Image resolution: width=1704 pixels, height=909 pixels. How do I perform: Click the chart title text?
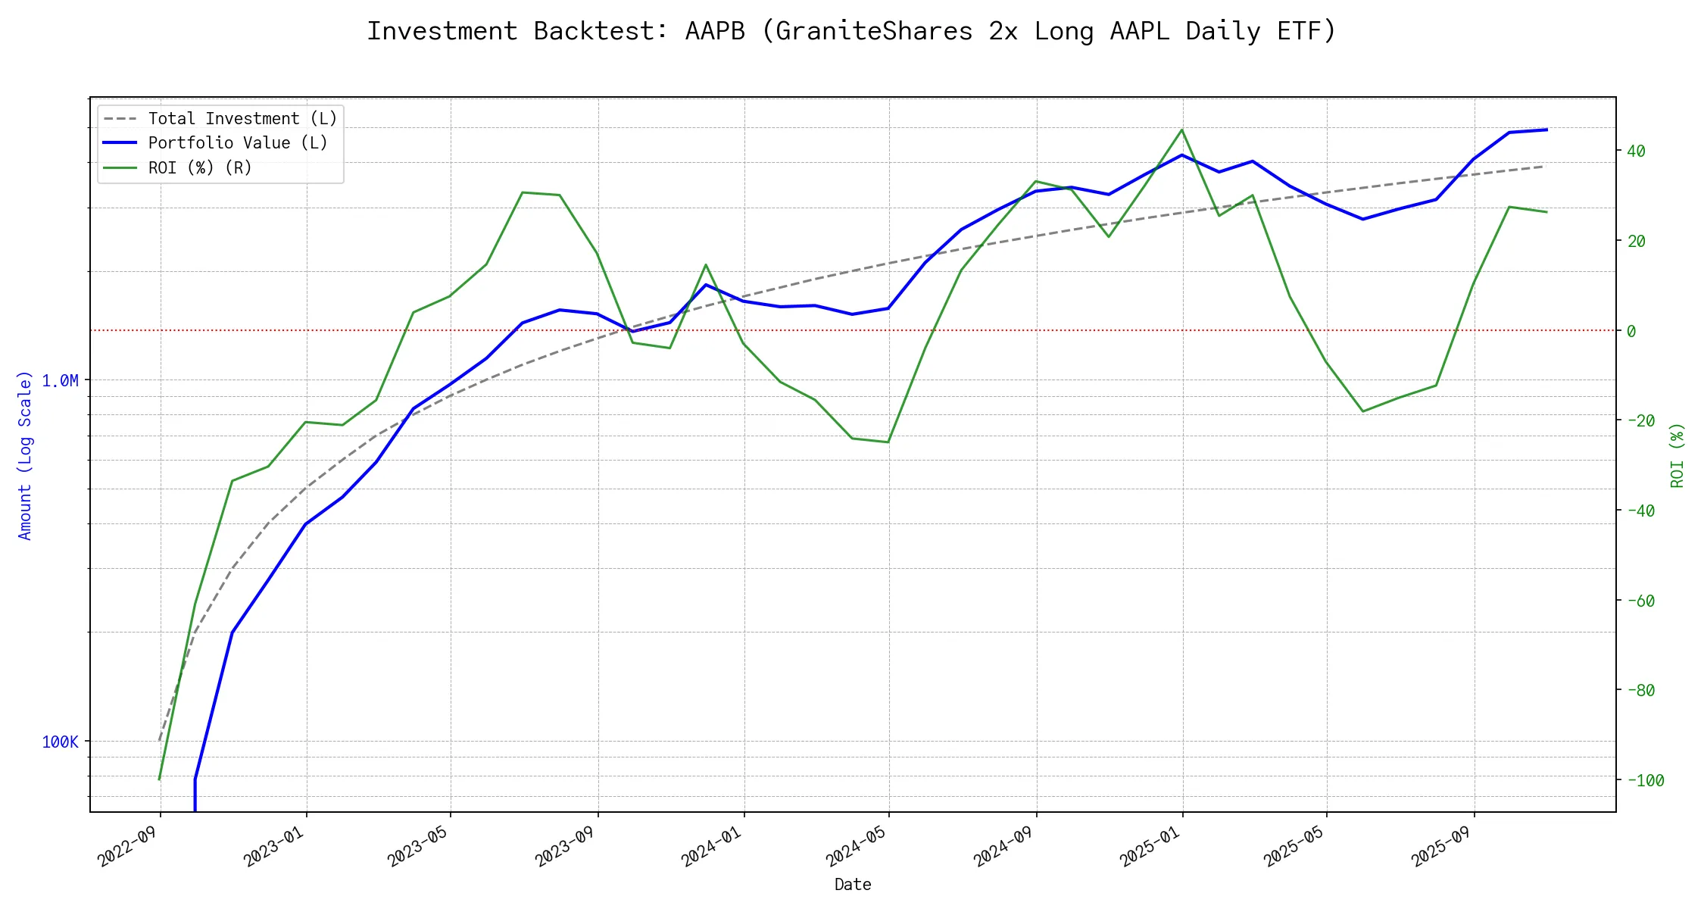pyautogui.click(x=851, y=31)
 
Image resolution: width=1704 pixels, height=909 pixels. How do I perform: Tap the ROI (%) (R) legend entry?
pyautogui.click(x=200, y=167)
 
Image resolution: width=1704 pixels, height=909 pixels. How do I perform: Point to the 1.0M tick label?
pyautogui.click(x=60, y=380)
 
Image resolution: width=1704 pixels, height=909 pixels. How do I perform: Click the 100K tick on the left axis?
pyautogui.click(x=60, y=742)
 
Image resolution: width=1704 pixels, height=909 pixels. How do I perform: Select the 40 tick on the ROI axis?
pyautogui.click(x=1636, y=151)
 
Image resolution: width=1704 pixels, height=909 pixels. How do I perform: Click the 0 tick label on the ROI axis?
pyautogui.click(x=1631, y=331)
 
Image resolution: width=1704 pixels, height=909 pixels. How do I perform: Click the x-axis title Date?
pyautogui.click(x=853, y=884)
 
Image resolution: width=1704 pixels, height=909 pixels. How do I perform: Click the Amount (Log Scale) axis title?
pyautogui.click(x=25, y=455)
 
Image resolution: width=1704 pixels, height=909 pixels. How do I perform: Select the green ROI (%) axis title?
pyautogui.click(x=1677, y=455)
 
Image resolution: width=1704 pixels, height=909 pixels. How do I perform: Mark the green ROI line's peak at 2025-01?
pyautogui.click(x=1182, y=130)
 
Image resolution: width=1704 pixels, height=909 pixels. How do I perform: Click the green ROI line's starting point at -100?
pyautogui.click(x=159, y=779)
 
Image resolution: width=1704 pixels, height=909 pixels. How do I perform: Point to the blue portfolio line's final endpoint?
pyautogui.click(x=1546, y=130)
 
